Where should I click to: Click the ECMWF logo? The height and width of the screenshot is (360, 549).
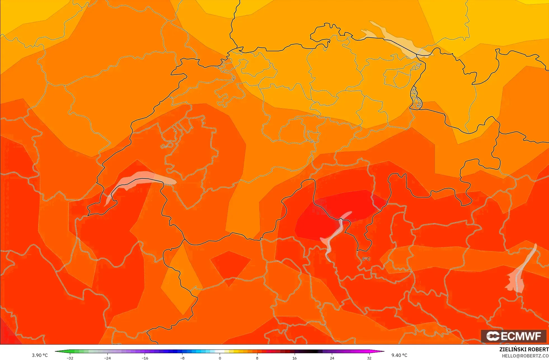513,336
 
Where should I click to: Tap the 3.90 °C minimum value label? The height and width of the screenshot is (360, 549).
40,355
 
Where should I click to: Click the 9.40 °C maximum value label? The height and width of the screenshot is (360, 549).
399,355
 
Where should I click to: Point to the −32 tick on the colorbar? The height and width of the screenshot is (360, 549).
70,358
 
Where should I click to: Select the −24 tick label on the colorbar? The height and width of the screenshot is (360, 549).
107,358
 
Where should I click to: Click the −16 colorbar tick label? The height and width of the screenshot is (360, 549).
145,358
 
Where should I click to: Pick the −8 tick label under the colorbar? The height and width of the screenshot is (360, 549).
182,358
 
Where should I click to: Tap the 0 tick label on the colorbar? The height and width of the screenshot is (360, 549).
220,358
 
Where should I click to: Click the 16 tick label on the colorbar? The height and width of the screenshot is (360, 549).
294,358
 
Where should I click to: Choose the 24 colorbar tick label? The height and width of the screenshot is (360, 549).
332,358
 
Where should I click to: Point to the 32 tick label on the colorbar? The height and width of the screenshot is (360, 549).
369,358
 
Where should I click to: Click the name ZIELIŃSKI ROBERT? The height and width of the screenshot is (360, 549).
524,349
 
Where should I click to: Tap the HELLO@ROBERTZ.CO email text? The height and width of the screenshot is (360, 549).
525,356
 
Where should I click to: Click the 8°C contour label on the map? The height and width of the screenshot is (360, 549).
366,259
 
